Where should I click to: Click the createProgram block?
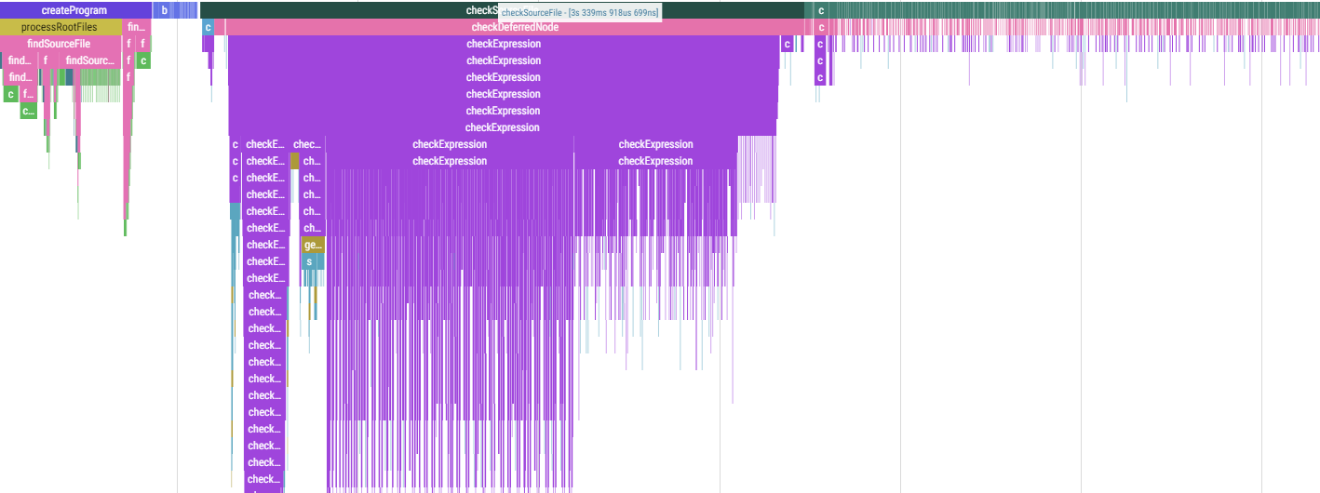click(74, 10)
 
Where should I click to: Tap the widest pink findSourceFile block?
click(60, 44)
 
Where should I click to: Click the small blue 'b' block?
click(165, 10)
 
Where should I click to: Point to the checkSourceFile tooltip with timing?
click(580, 12)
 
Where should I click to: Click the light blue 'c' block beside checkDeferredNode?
click(208, 27)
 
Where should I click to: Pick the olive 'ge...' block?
click(314, 245)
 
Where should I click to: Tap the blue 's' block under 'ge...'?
click(310, 261)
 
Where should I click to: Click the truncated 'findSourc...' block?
click(90, 60)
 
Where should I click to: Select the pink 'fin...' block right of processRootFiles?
click(136, 27)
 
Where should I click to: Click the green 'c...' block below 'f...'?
click(28, 111)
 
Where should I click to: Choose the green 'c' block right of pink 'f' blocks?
click(142, 60)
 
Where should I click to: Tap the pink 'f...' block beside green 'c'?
click(28, 94)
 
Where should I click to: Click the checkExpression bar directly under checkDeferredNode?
click(503, 44)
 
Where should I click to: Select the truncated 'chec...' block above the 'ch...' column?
click(307, 144)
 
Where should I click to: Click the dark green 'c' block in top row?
click(820, 10)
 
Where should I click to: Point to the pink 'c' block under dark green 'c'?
click(820, 27)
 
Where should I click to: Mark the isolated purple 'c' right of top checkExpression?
click(787, 44)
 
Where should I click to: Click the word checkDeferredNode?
click(515, 27)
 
